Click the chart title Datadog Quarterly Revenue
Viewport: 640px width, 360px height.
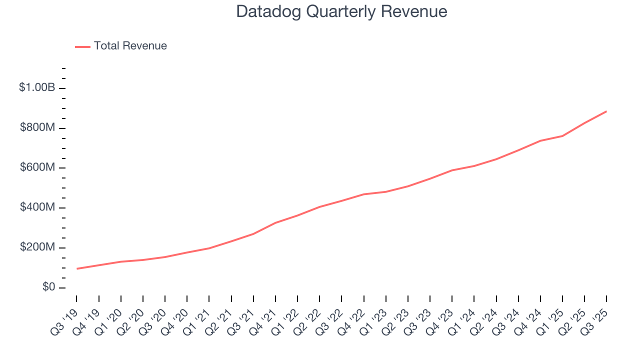(x=341, y=11)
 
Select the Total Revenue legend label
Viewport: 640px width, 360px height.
(x=130, y=46)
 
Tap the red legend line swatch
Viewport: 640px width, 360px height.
(x=82, y=46)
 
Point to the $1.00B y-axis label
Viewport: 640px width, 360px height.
(x=37, y=88)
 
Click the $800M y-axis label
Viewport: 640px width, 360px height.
(x=37, y=128)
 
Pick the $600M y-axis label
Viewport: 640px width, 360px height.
(x=37, y=167)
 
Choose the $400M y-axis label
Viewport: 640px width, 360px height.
(x=37, y=207)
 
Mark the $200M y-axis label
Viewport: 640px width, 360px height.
(x=37, y=247)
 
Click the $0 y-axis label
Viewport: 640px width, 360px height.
(x=48, y=287)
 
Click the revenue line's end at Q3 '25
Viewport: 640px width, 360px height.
(x=606, y=111)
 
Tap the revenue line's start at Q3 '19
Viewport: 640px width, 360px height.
(x=77, y=268)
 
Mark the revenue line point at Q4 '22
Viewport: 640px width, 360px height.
(x=363, y=194)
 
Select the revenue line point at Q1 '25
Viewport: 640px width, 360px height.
(x=562, y=136)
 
